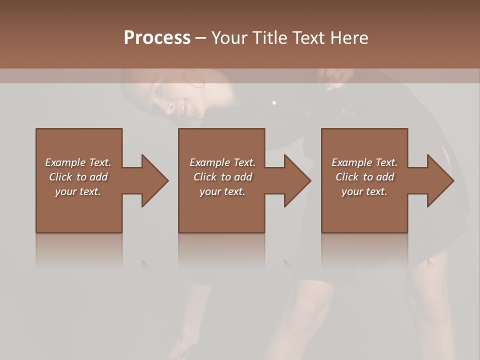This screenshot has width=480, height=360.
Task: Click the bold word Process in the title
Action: [x=157, y=37]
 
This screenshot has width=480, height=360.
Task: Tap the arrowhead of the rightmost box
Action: [x=440, y=180]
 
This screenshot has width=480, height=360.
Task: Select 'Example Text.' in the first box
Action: [x=78, y=162]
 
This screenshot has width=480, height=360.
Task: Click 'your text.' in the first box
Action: [x=78, y=191]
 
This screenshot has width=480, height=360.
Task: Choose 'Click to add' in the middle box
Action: [x=222, y=177]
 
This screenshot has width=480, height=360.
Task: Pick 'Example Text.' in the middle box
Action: [x=222, y=162]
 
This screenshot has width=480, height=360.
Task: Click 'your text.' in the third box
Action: [x=364, y=191]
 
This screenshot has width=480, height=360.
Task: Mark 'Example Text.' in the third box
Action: [x=364, y=162]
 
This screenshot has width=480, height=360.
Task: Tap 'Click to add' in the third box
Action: [x=364, y=177]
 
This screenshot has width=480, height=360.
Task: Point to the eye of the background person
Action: [x=160, y=90]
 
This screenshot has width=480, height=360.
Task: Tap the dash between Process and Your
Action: [x=200, y=38]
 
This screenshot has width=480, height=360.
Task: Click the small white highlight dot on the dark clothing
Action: [x=274, y=102]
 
